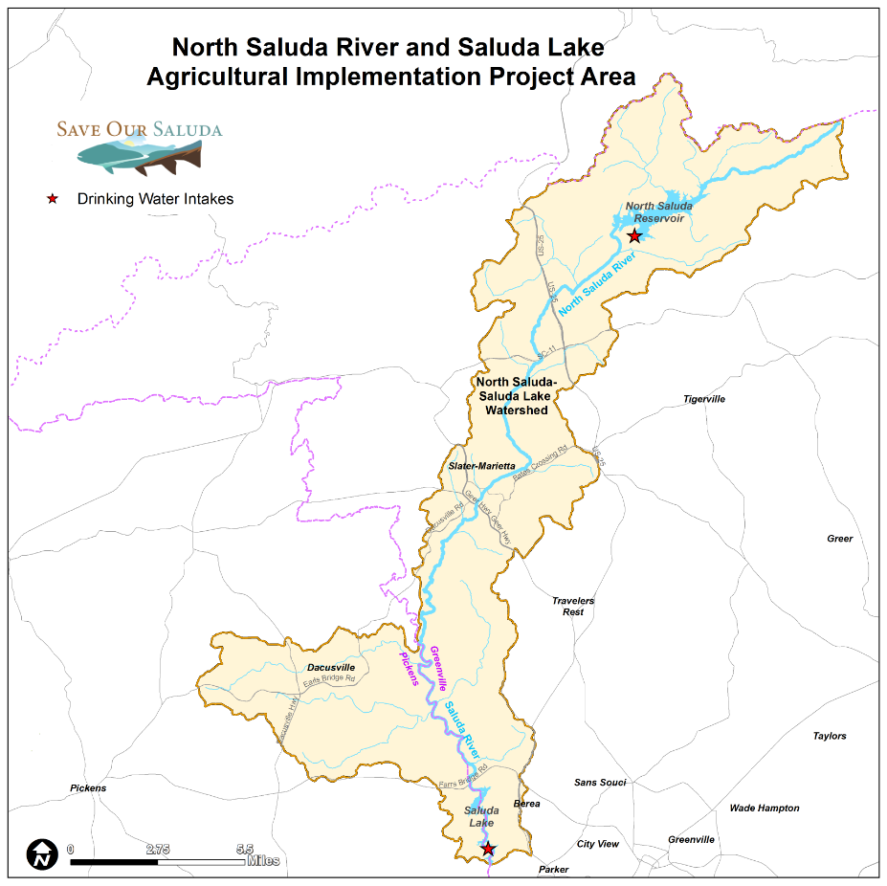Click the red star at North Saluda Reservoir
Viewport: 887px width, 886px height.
pyautogui.click(x=633, y=235)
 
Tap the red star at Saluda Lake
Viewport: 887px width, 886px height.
pyautogui.click(x=488, y=849)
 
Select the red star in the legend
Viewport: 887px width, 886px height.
pyautogui.click(x=54, y=199)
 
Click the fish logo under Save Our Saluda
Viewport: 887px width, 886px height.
pyautogui.click(x=139, y=155)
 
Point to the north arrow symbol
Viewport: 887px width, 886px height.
pyautogui.click(x=41, y=853)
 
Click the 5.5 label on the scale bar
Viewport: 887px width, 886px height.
pyautogui.click(x=244, y=849)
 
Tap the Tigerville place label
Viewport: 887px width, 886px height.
pyautogui.click(x=703, y=399)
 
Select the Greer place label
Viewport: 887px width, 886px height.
pyautogui.click(x=839, y=539)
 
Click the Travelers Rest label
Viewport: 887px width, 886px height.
pyautogui.click(x=573, y=607)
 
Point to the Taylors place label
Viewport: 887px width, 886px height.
pyautogui.click(x=830, y=736)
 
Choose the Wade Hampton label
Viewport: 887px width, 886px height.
pyautogui.click(x=764, y=808)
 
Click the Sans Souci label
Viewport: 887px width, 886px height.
pyautogui.click(x=599, y=783)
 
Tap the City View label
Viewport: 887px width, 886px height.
pyautogui.click(x=597, y=844)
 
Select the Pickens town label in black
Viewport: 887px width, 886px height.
pyautogui.click(x=88, y=788)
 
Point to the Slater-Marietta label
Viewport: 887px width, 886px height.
pyautogui.click(x=481, y=466)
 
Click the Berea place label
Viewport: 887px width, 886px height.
pyautogui.click(x=527, y=804)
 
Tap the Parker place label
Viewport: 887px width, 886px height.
pyautogui.click(x=553, y=870)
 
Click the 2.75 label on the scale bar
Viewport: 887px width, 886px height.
pyautogui.click(x=158, y=849)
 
